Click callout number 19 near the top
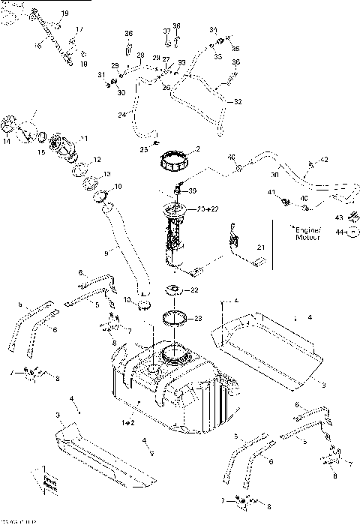[x=64, y=14]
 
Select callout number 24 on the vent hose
[x=121, y=115]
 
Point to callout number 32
[x=238, y=101]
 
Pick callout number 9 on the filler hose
[x=106, y=253]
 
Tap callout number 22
[x=194, y=290]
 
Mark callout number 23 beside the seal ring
[x=198, y=318]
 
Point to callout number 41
[x=271, y=193]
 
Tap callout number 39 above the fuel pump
[x=192, y=190]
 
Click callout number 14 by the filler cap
[x=7, y=140]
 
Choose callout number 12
[x=97, y=160]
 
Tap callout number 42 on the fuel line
[x=325, y=160]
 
